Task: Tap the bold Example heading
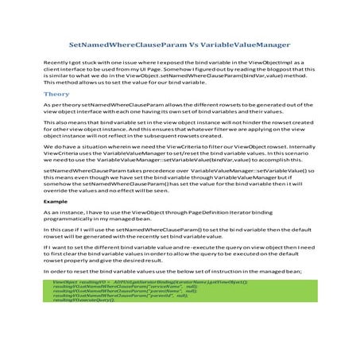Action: tap(56, 202)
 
